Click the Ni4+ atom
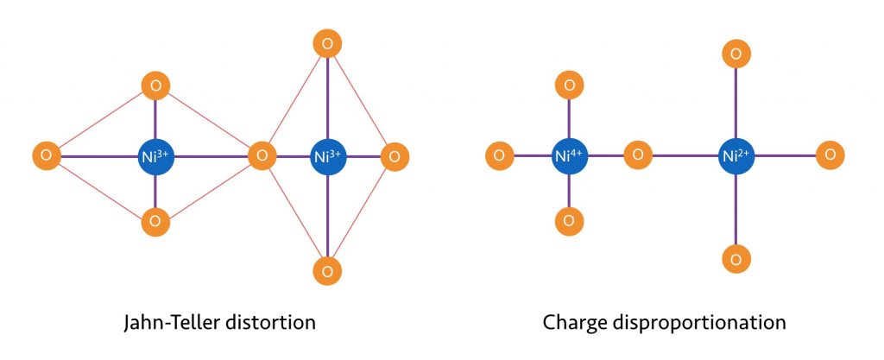pyautogui.click(x=570, y=156)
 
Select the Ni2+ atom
pyautogui.click(x=736, y=156)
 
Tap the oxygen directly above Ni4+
pyautogui.click(x=570, y=85)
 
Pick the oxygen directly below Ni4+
pyautogui.click(x=569, y=221)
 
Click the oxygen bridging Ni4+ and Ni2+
pyautogui.click(x=638, y=155)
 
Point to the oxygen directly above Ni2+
pyautogui.click(x=736, y=54)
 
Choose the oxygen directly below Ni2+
pyautogui.click(x=736, y=259)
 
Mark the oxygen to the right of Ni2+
pyautogui.click(x=830, y=155)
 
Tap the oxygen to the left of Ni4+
pyautogui.click(x=500, y=155)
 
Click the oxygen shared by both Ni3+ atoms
pyautogui.click(x=262, y=156)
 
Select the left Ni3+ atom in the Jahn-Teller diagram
pyautogui.click(x=156, y=156)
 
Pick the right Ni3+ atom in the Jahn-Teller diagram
pyautogui.click(x=327, y=156)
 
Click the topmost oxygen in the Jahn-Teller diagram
pyautogui.click(x=327, y=43)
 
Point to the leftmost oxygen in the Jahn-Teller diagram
pyautogui.click(x=47, y=156)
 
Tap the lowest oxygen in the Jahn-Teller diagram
pyautogui.click(x=327, y=271)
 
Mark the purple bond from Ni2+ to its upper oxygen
pyautogui.click(x=736, y=104)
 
